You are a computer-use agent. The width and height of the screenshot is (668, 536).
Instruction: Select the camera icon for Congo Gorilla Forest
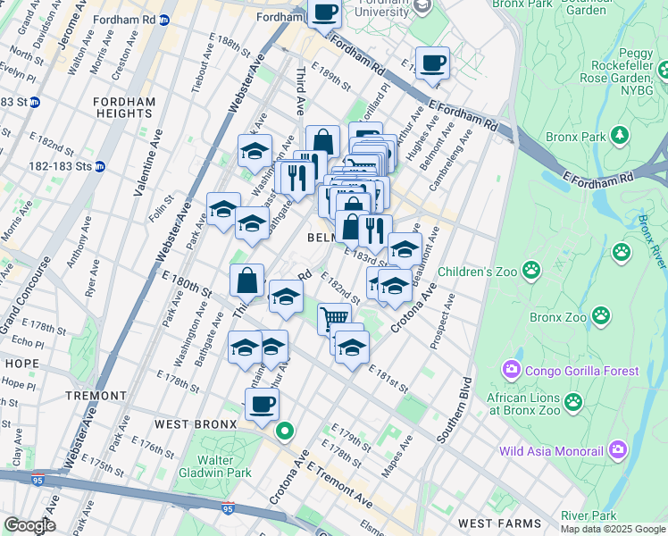[512, 370]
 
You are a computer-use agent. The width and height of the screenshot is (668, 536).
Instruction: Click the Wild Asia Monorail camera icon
[618, 452]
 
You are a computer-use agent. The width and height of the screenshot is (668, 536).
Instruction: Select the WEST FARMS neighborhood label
[499, 523]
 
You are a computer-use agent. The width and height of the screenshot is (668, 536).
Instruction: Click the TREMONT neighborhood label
[96, 395]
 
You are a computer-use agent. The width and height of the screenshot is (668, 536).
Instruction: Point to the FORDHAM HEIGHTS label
[123, 107]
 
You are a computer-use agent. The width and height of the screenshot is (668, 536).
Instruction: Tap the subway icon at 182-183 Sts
[100, 166]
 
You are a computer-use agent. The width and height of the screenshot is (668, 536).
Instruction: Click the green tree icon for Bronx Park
[617, 136]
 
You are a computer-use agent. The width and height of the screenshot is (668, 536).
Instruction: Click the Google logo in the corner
[29, 525]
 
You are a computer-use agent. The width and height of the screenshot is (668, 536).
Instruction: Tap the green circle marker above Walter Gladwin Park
[285, 431]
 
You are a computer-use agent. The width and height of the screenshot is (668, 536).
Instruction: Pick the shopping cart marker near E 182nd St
[334, 317]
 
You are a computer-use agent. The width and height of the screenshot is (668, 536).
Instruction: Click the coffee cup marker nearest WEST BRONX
[262, 404]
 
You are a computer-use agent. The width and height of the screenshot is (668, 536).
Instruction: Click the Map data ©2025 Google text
[613, 529]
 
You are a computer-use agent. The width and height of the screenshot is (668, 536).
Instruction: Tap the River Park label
[589, 515]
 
